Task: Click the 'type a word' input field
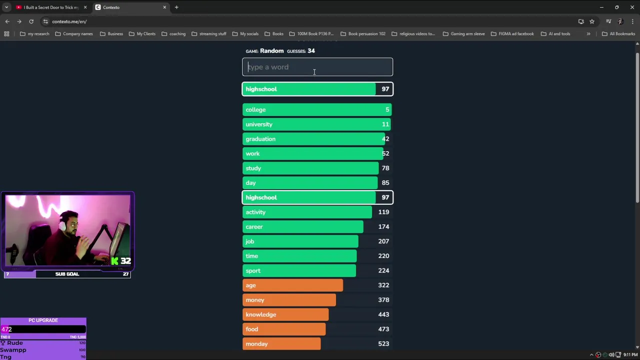[x=317, y=67]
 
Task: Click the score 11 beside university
[x=385, y=124]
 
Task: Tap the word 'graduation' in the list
[x=260, y=139]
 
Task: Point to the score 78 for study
[x=385, y=168]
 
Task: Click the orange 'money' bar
[x=289, y=300]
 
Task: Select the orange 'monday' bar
[x=281, y=344]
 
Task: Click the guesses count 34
[x=311, y=51]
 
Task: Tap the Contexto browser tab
[x=130, y=7]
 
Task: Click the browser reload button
[x=31, y=21]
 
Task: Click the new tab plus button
[x=176, y=7]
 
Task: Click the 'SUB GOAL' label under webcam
[x=67, y=274]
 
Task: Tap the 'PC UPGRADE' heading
[x=43, y=320]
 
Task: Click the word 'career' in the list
[x=254, y=227]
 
